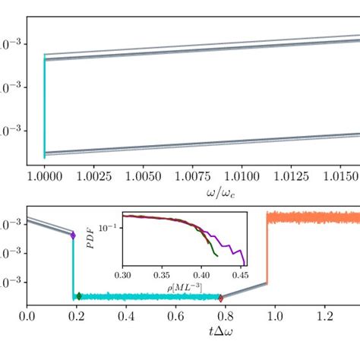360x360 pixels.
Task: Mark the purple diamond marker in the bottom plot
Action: (x=74, y=236)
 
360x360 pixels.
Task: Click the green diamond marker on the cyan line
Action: (x=79, y=295)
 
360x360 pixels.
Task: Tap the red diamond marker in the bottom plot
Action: (x=220, y=298)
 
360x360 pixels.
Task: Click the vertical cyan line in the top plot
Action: (x=45, y=106)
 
